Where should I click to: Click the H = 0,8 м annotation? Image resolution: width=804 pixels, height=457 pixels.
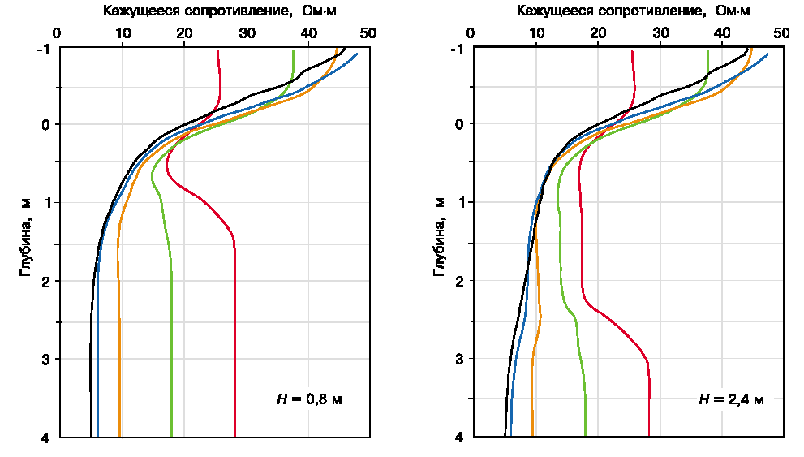(309, 400)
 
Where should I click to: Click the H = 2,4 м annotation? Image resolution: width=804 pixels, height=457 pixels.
(730, 399)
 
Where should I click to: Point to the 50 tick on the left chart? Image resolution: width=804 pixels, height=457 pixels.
(370, 33)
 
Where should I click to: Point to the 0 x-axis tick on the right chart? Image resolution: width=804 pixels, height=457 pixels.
(473, 33)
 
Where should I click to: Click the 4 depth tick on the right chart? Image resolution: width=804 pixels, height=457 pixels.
(458, 438)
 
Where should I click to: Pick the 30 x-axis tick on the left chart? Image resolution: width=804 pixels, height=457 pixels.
(247, 33)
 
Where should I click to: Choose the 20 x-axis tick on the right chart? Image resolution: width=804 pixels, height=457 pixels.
(598, 33)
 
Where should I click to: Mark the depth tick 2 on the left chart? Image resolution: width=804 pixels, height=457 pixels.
(45, 282)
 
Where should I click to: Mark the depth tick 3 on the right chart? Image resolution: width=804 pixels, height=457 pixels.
(459, 359)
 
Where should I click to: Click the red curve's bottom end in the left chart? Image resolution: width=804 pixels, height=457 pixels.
(234, 437)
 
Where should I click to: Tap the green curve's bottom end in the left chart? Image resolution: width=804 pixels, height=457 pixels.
(172, 437)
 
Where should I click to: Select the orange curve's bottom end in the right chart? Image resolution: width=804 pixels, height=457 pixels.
(532, 437)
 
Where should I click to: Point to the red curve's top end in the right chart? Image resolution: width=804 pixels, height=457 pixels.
(631, 50)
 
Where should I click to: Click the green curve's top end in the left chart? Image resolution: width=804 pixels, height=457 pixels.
(293, 50)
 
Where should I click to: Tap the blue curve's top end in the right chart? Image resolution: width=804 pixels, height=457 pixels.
(767, 54)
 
